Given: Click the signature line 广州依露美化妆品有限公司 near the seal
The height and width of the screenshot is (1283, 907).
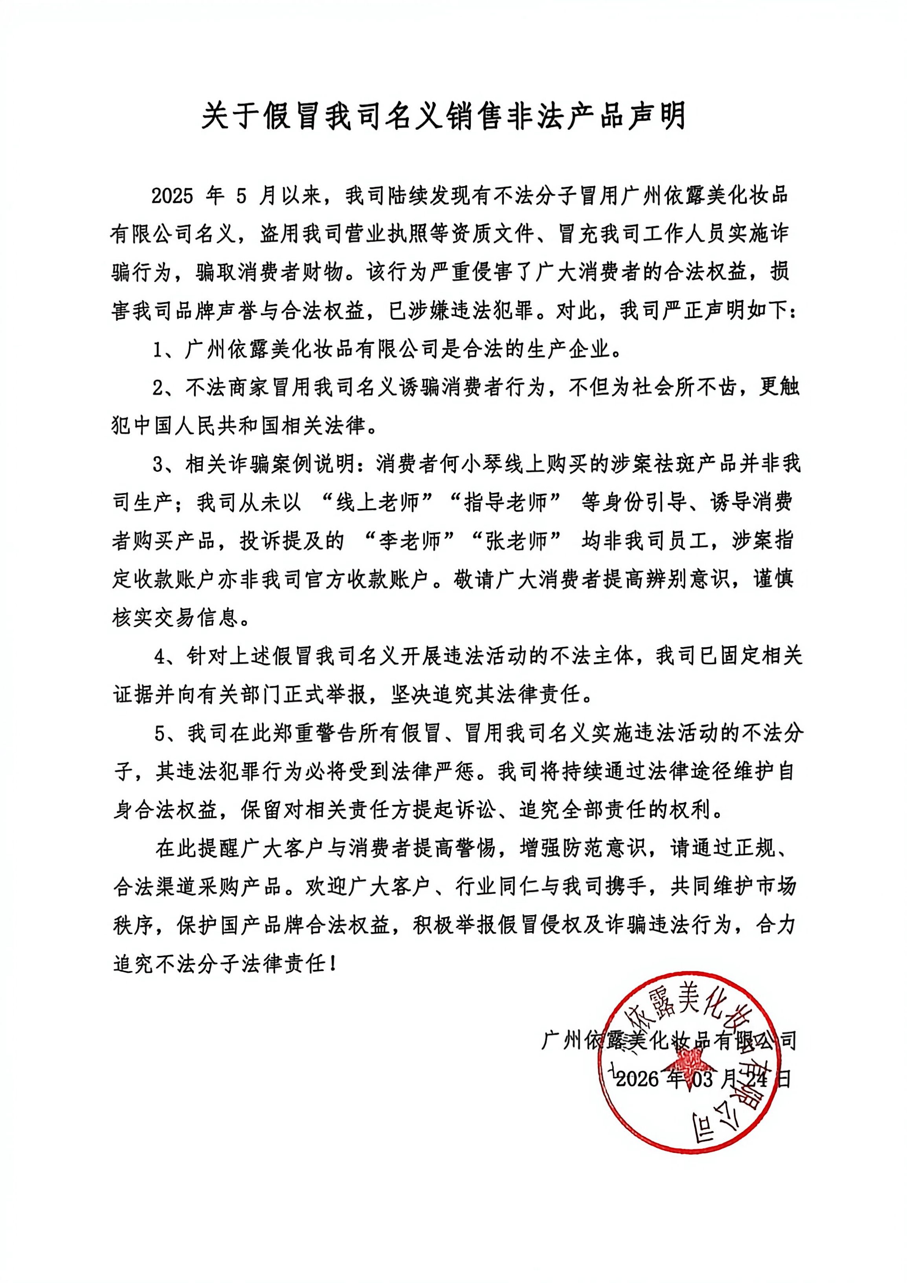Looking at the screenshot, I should click(x=668, y=1040).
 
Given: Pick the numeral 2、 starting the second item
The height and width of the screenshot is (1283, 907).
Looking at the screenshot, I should click(x=165, y=388).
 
